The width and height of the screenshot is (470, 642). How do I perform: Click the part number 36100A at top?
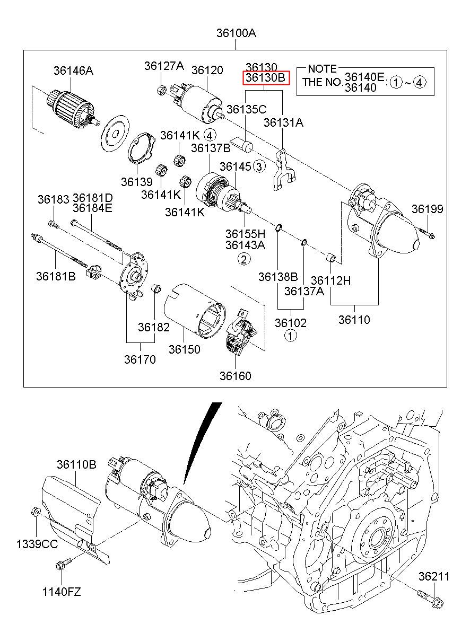[236, 33]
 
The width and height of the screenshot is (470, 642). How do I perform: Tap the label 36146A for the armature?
[73, 71]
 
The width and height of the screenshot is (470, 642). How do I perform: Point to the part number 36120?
[207, 70]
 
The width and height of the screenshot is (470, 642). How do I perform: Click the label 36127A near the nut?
[164, 66]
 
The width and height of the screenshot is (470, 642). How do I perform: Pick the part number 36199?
[427, 209]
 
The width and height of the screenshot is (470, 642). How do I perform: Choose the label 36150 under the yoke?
[185, 349]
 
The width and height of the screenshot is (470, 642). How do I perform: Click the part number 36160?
[236, 376]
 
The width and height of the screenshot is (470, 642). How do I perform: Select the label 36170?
[140, 359]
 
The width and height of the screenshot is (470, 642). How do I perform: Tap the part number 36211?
[433, 576]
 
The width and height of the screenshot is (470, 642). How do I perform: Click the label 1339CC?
[37, 544]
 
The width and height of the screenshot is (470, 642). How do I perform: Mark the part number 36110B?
[76, 465]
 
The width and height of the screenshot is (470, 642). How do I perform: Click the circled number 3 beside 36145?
[258, 167]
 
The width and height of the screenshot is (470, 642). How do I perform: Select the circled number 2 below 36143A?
[243, 259]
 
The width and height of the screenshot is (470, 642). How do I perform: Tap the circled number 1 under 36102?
[290, 335]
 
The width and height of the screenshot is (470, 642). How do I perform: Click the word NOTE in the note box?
[322, 69]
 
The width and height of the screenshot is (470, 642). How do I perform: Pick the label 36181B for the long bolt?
[56, 276]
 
